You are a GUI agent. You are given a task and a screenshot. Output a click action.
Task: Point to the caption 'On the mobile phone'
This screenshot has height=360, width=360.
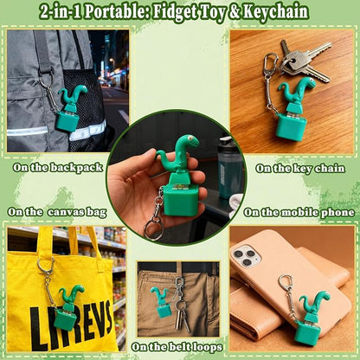pyautogui.click(x=299, y=211)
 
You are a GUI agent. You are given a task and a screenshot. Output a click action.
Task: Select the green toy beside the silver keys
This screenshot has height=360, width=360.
pyautogui.click(x=297, y=107)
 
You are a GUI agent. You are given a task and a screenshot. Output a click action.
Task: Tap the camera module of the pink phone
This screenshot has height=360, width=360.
pyautogui.click(x=246, y=256)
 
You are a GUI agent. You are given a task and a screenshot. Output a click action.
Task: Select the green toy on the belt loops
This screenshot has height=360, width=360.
pyautogui.click(x=161, y=302)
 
